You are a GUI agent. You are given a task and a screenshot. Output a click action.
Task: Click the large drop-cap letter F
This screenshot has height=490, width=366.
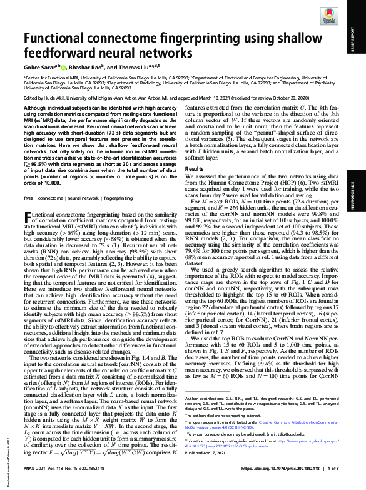click(x=29, y=217)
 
